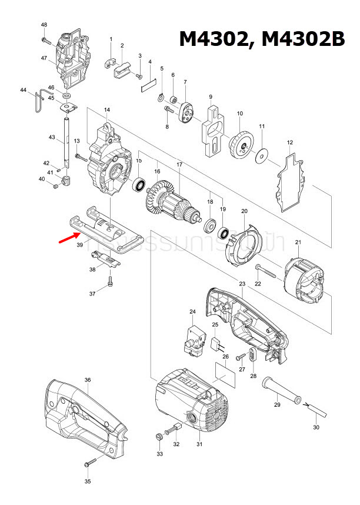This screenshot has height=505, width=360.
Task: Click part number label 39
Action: click(x=80, y=249)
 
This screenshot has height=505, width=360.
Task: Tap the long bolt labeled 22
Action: click(x=268, y=274)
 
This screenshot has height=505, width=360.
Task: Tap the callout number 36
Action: click(x=87, y=381)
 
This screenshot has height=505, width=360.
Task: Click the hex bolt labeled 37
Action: click(x=110, y=284)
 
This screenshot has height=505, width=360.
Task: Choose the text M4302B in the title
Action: click(x=302, y=39)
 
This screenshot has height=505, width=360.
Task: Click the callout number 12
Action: click(x=289, y=143)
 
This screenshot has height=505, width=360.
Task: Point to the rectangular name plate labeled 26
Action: click(x=225, y=374)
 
